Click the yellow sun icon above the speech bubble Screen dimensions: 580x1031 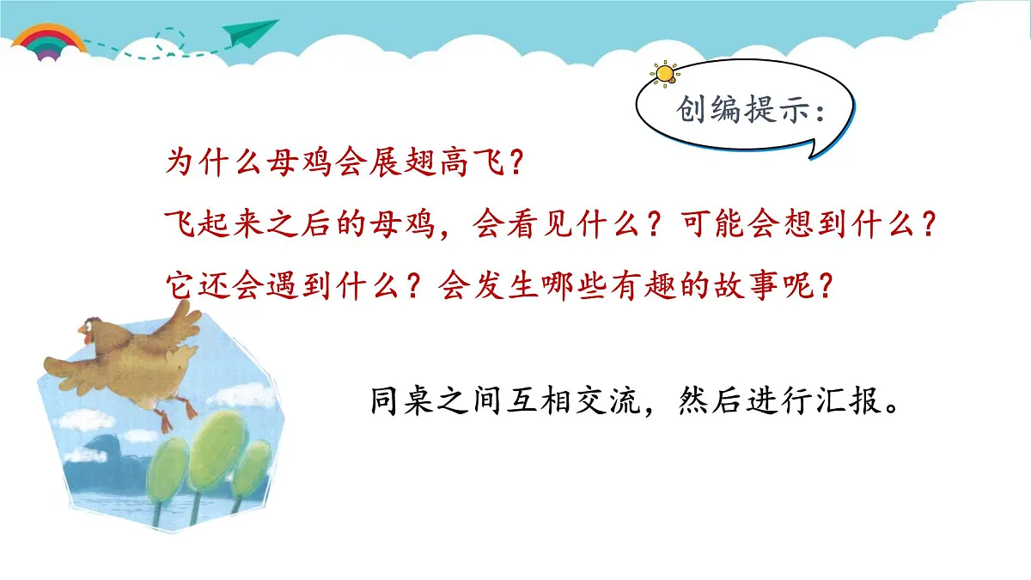tap(664, 73)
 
